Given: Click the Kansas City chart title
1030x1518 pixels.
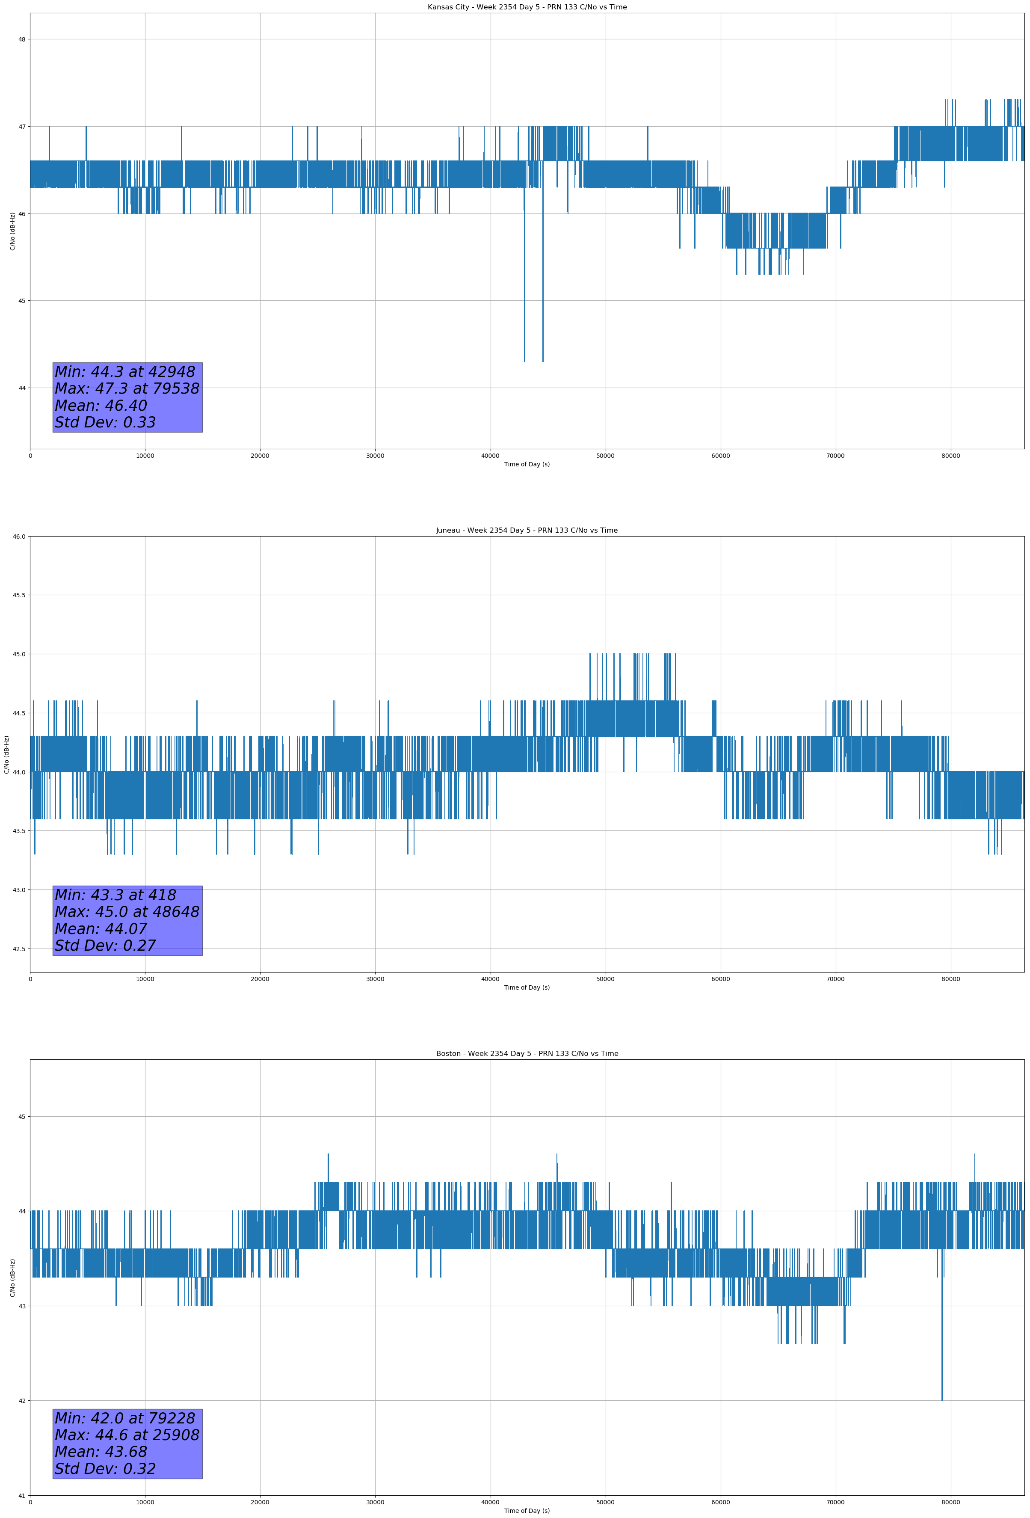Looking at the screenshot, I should point(527,7).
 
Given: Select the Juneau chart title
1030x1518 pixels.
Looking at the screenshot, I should point(527,531).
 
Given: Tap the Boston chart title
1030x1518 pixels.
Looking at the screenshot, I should point(527,1054).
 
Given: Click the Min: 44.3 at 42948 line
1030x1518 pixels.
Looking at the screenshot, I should point(125,372).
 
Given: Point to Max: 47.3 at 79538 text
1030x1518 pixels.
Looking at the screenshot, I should point(127,388).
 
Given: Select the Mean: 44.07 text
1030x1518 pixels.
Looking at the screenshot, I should point(101,929).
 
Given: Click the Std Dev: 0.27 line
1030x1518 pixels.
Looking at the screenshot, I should point(105,946).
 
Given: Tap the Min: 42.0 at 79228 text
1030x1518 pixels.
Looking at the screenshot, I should point(125,1418).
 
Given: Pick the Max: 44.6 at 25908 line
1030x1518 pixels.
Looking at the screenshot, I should point(127,1435).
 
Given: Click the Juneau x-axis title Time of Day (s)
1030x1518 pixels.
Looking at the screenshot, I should point(527,987).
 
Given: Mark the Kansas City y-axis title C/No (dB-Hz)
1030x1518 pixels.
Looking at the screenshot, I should point(12,231).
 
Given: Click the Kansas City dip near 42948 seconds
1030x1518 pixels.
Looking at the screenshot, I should point(524,326).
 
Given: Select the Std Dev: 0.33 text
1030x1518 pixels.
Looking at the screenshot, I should point(105,423).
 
